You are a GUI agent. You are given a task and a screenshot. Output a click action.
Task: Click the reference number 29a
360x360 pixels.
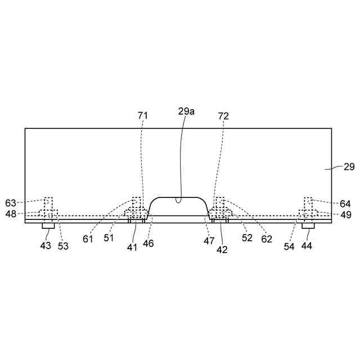[x=186, y=111]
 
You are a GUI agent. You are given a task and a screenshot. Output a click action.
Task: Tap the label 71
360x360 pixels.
[x=143, y=115]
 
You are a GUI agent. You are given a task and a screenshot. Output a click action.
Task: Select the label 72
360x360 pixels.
[x=223, y=116]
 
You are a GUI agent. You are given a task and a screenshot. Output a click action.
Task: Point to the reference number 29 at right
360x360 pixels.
[x=349, y=166]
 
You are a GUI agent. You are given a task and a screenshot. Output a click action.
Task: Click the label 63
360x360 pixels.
[x=11, y=203]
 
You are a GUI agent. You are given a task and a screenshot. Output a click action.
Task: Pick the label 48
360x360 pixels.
[x=11, y=214]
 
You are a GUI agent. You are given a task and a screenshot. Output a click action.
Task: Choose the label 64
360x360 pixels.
[x=345, y=204]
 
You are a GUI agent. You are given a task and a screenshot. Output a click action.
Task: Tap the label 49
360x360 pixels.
[x=346, y=215]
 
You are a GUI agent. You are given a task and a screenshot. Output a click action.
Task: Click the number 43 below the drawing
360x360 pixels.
[x=46, y=246]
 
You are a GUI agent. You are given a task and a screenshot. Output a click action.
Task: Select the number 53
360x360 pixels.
[x=63, y=246]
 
